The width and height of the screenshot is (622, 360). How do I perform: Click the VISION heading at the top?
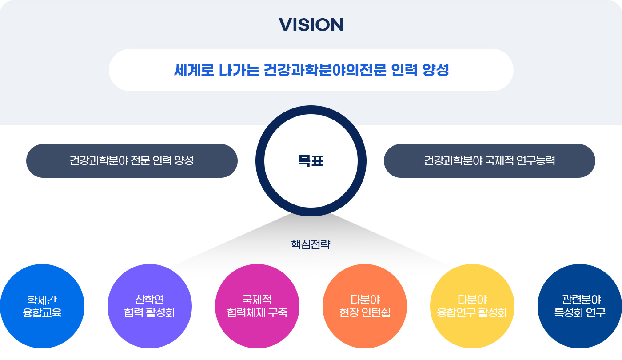[311, 25]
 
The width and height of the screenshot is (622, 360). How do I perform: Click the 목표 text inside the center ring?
[311, 161]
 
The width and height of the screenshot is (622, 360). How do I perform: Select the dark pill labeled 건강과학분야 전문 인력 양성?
[132, 161]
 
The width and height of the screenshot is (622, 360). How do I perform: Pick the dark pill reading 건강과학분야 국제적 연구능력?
[489, 161]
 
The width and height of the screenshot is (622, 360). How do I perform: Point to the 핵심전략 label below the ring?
[311, 244]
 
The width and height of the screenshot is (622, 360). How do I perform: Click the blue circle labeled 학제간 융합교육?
[42, 306]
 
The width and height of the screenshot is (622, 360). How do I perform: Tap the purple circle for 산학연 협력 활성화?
[150, 306]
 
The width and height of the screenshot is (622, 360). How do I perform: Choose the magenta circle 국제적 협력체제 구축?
[257, 306]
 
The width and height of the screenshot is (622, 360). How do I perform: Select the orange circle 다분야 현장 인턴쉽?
[364, 306]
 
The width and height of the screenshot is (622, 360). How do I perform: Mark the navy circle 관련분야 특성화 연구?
[580, 306]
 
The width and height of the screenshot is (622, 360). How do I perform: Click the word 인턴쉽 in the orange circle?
[378, 313]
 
